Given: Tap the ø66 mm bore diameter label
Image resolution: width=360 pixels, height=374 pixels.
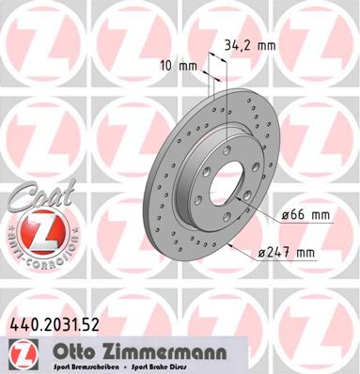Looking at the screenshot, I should pos(306,215).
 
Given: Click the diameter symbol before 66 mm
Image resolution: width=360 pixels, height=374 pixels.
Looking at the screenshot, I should pos(286,215).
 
